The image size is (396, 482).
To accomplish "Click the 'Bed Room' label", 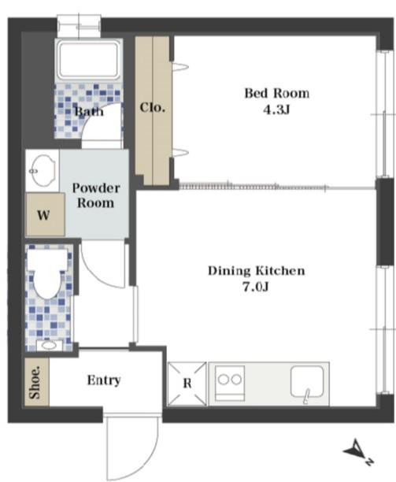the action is pyautogui.click(x=276, y=93).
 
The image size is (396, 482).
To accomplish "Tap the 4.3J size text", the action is pyautogui.click(x=276, y=109).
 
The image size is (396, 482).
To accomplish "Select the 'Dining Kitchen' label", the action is pyautogui.click(x=257, y=271).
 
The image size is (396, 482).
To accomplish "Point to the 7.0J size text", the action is pyautogui.click(x=256, y=287).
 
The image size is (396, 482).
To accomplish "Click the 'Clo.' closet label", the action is pyautogui.click(x=153, y=108).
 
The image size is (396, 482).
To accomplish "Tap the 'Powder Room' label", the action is pyautogui.click(x=96, y=195).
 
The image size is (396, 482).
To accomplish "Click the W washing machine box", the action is pyautogui.click(x=45, y=214).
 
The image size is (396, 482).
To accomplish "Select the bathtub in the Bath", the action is pyautogui.click(x=88, y=60).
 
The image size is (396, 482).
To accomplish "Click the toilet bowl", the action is pyautogui.click(x=47, y=273).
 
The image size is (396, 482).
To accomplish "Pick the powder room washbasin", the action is pyautogui.click(x=43, y=170).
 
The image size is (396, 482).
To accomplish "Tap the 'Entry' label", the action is pyautogui.click(x=104, y=380).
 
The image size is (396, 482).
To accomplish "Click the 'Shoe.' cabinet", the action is pyautogui.click(x=36, y=382).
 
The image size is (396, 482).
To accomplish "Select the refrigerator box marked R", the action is pyautogui.click(x=187, y=384).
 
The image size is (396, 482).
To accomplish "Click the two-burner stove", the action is pyautogui.click(x=230, y=383).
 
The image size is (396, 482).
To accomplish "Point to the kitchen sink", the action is pyautogui.click(x=307, y=382).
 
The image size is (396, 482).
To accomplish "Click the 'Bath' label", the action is pyautogui.click(x=89, y=111).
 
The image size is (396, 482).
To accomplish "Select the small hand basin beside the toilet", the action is pyautogui.click(x=49, y=345).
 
